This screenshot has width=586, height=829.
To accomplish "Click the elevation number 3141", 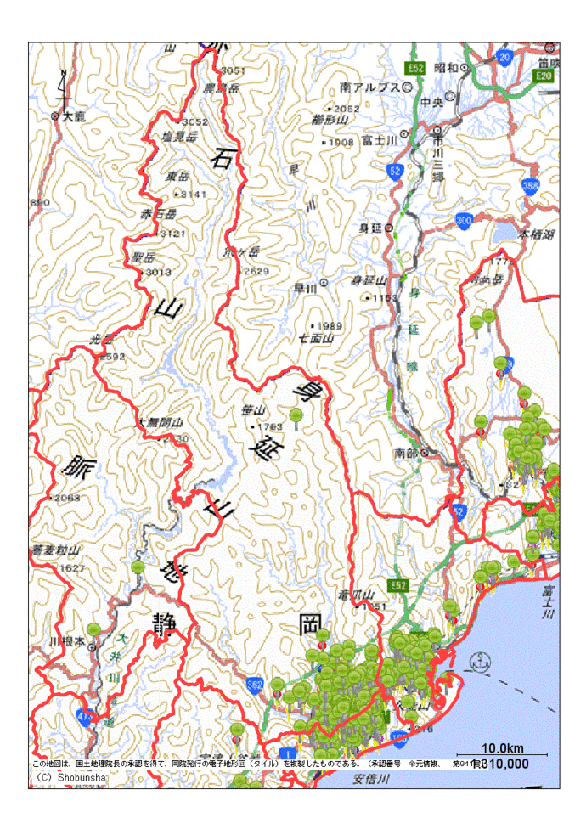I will pyautogui.click(x=194, y=194).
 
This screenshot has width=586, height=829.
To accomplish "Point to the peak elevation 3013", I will pyautogui.click(x=159, y=272).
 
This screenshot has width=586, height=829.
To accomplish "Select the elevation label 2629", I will pyautogui.click(x=256, y=270).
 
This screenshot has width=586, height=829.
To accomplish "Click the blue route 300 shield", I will pyautogui.click(x=464, y=221).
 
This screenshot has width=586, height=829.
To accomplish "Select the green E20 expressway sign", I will pyautogui.click(x=544, y=76).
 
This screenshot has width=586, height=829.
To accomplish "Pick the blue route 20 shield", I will pyautogui.click(x=504, y=57).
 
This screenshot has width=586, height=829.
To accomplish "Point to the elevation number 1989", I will pyautogui.click(x=330, y=326).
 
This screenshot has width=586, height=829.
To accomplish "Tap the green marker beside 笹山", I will pyautogui.click(x=296, y=416).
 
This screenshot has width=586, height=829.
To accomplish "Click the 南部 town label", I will pyautogui.click(x=406, y=452).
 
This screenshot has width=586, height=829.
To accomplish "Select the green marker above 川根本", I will pyautogui.click(x=93, y=629).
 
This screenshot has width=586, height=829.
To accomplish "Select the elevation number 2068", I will pyautogui.click(x=66, y=497).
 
